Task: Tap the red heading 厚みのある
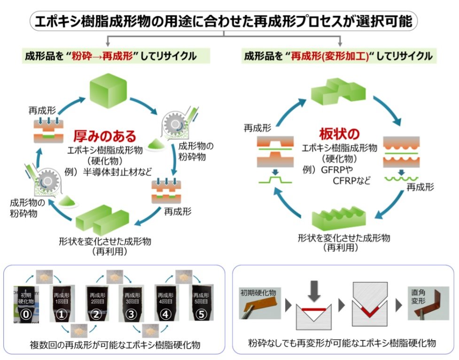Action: [104, 136]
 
